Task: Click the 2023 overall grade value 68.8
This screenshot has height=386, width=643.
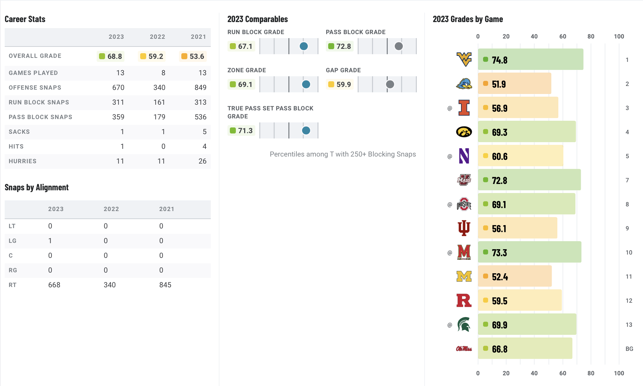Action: click(111, 56)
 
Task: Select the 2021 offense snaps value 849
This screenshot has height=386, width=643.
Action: click(200, 88)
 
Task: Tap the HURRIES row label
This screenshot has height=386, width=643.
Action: click(22, 161)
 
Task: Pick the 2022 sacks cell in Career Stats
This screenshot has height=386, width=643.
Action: click(163, 132)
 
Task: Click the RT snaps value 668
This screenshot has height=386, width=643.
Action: click(54, 285)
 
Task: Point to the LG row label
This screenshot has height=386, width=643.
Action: click(12, 241)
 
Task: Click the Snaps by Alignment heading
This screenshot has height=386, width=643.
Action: click(36, 187)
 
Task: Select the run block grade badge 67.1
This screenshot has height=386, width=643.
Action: click(241, 46)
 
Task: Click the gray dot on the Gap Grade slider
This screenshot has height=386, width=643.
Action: click(390, 84)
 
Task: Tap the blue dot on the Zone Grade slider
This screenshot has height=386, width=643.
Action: click(306, 84)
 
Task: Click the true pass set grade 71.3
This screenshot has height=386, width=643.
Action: click(241, 130)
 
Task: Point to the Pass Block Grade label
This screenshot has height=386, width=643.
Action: click(355, 32)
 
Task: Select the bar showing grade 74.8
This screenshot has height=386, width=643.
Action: click(530, 60)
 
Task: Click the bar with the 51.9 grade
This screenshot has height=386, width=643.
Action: click(514, 84)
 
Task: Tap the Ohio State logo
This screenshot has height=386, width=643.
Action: click(464, 204)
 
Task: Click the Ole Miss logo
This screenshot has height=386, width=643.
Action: click(464, 349)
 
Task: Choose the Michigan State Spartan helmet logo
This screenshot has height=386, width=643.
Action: click(464, 324)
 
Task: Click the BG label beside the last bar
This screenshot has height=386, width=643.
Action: click(629, 349)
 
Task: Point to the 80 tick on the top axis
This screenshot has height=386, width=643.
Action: click(590, 36)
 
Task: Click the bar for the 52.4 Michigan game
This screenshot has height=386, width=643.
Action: click(515, 276)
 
